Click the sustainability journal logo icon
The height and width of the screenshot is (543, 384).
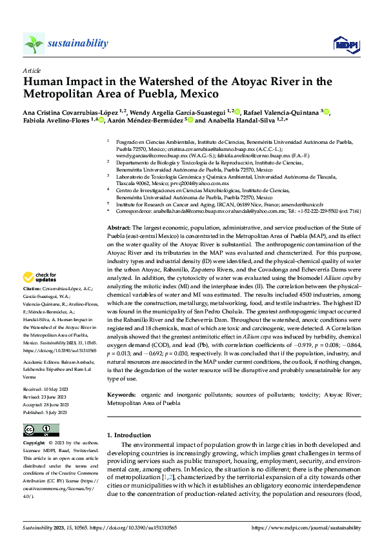click(x=34, y=43)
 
